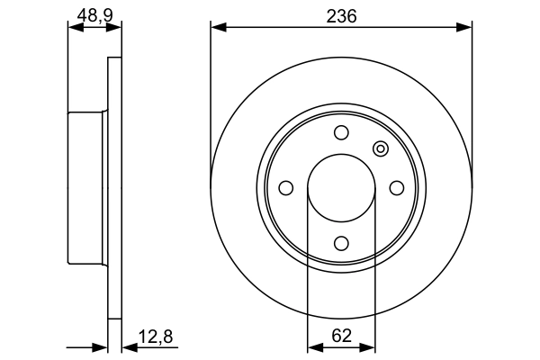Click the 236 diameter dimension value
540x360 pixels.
(341, 16)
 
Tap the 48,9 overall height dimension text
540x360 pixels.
(94, 16)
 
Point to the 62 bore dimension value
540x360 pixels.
(341, 336)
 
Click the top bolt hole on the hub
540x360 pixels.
(341, 133)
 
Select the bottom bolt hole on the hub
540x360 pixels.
(341, 242)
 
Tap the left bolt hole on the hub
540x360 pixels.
(286, 188)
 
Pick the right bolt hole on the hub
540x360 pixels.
(396, 187)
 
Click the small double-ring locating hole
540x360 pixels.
(380, 149)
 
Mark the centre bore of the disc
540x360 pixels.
(341, 188)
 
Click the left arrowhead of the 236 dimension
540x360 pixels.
(217, 28)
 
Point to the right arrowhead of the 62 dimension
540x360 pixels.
(369, 346)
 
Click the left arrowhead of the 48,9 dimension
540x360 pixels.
(75, 28)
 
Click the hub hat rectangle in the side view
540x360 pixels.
(88, 187)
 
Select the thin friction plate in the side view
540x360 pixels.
(114, 187)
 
